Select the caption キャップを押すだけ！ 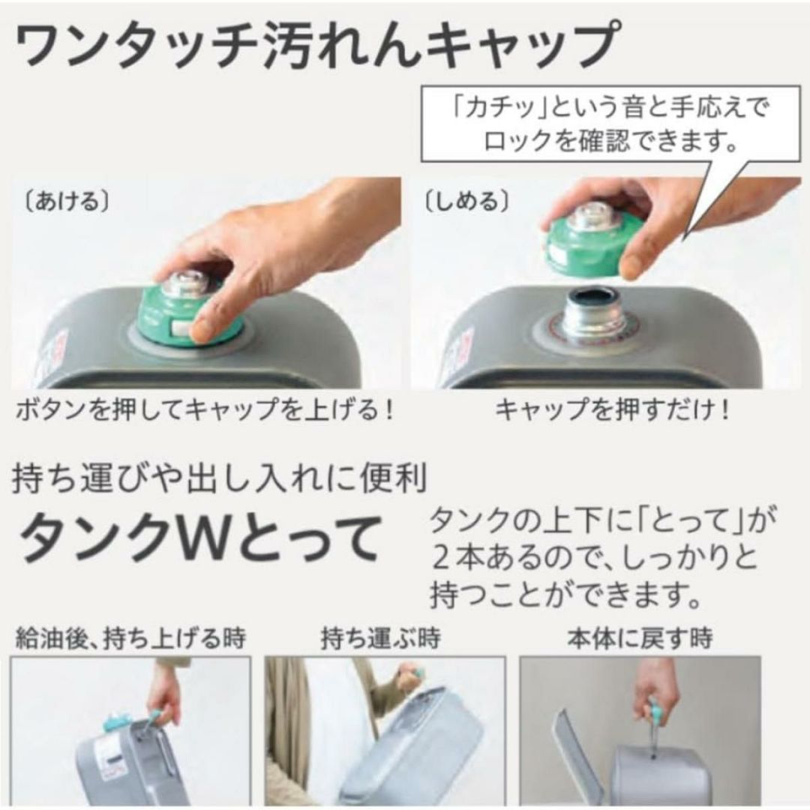coord(613,411)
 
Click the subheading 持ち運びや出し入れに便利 coord(220,478)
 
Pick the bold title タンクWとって coord(199,541)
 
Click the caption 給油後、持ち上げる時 coord(130,638)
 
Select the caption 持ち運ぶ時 coord(380,638)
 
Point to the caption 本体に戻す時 coord(640,638)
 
